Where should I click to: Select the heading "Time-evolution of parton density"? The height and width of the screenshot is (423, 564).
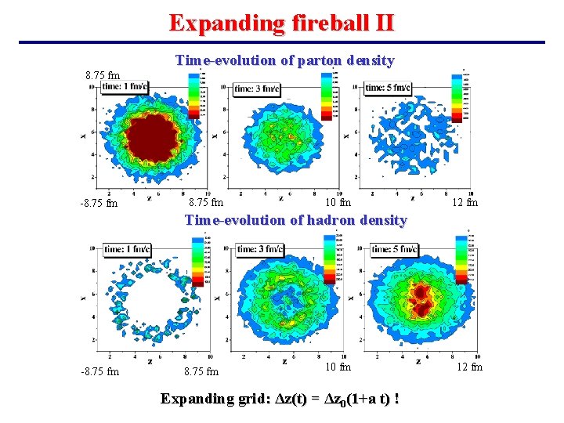pos(284,60)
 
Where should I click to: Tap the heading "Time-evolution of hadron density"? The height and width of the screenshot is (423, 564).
pos(295,220)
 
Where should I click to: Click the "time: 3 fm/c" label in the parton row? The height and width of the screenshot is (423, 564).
pos(259,89)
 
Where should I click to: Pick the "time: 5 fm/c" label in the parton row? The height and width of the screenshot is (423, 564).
pos(388,88)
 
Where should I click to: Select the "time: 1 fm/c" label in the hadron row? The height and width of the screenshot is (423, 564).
pos(127,249)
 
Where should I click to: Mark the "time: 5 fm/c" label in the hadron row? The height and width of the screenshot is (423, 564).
pos(395,249)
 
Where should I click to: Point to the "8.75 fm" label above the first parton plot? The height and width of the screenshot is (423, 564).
pos(103,76)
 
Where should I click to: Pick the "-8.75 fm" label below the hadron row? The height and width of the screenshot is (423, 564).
pos(99,371)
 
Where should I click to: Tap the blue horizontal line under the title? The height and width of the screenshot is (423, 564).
pos(282,42)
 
